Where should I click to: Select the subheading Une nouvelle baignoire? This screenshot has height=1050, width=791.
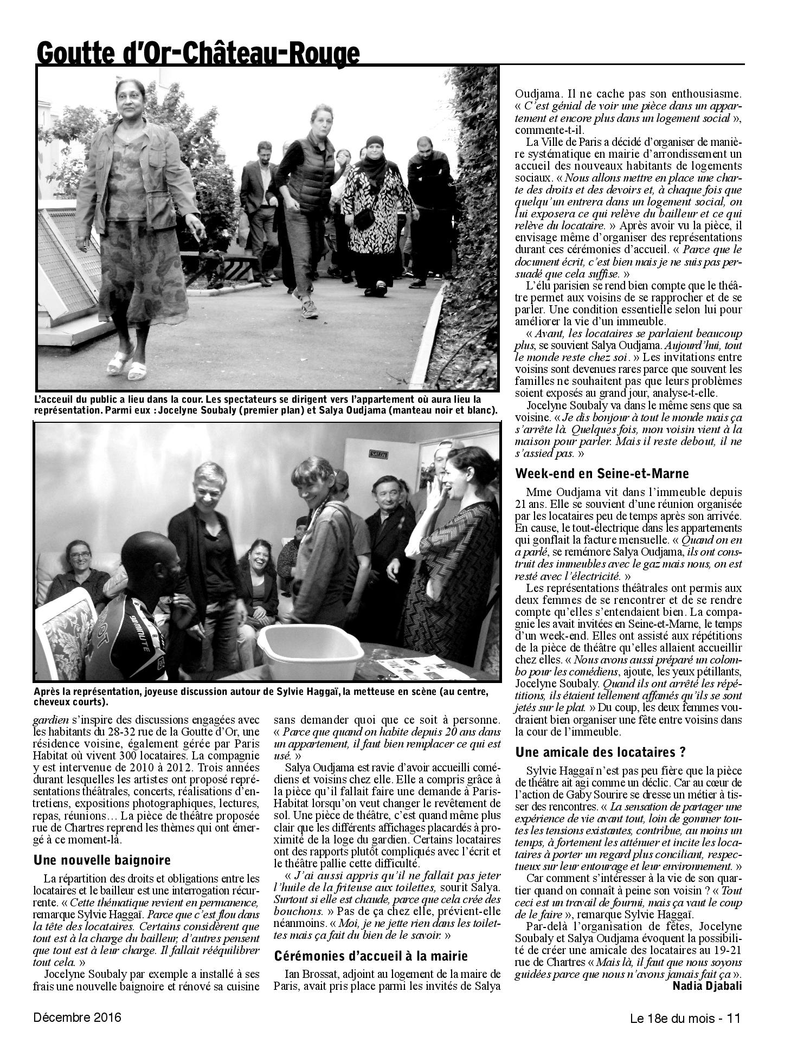pyautogui.click(x=102, y=860)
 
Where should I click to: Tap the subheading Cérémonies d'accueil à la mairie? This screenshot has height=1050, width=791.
pyautogui.click(x=371, y=956)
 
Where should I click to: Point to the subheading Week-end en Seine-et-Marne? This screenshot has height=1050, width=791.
pyautogui.click(x=602, y=473)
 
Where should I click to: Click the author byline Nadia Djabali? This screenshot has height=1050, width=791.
pyautogui.click(x=706, y=985)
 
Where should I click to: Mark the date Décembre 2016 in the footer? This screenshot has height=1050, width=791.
pyautogui.click(x=78, y=1017)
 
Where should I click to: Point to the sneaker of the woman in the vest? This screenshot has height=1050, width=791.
pyautogui.click(x=309, y=308)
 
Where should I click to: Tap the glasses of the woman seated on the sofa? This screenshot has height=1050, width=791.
pyautogui.click(x=80, y=555)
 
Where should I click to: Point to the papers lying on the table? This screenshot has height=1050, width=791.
pyautogui.click(x=425, y=666)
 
